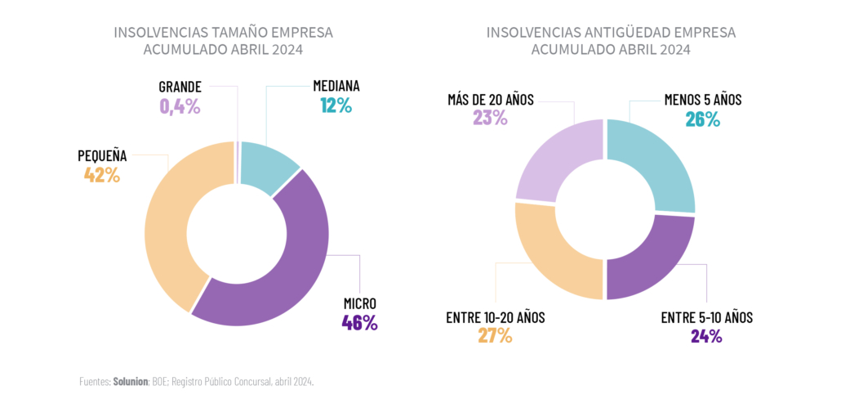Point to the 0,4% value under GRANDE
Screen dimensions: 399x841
(180, 105)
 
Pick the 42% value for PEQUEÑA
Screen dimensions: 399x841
(102, 174)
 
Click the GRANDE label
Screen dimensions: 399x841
(180, 86)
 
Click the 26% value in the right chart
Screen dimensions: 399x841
(702, 120)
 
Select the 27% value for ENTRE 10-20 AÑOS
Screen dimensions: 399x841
(495, 335)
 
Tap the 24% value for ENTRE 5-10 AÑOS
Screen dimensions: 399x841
(705, 335)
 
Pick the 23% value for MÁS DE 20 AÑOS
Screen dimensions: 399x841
(490, 118)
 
